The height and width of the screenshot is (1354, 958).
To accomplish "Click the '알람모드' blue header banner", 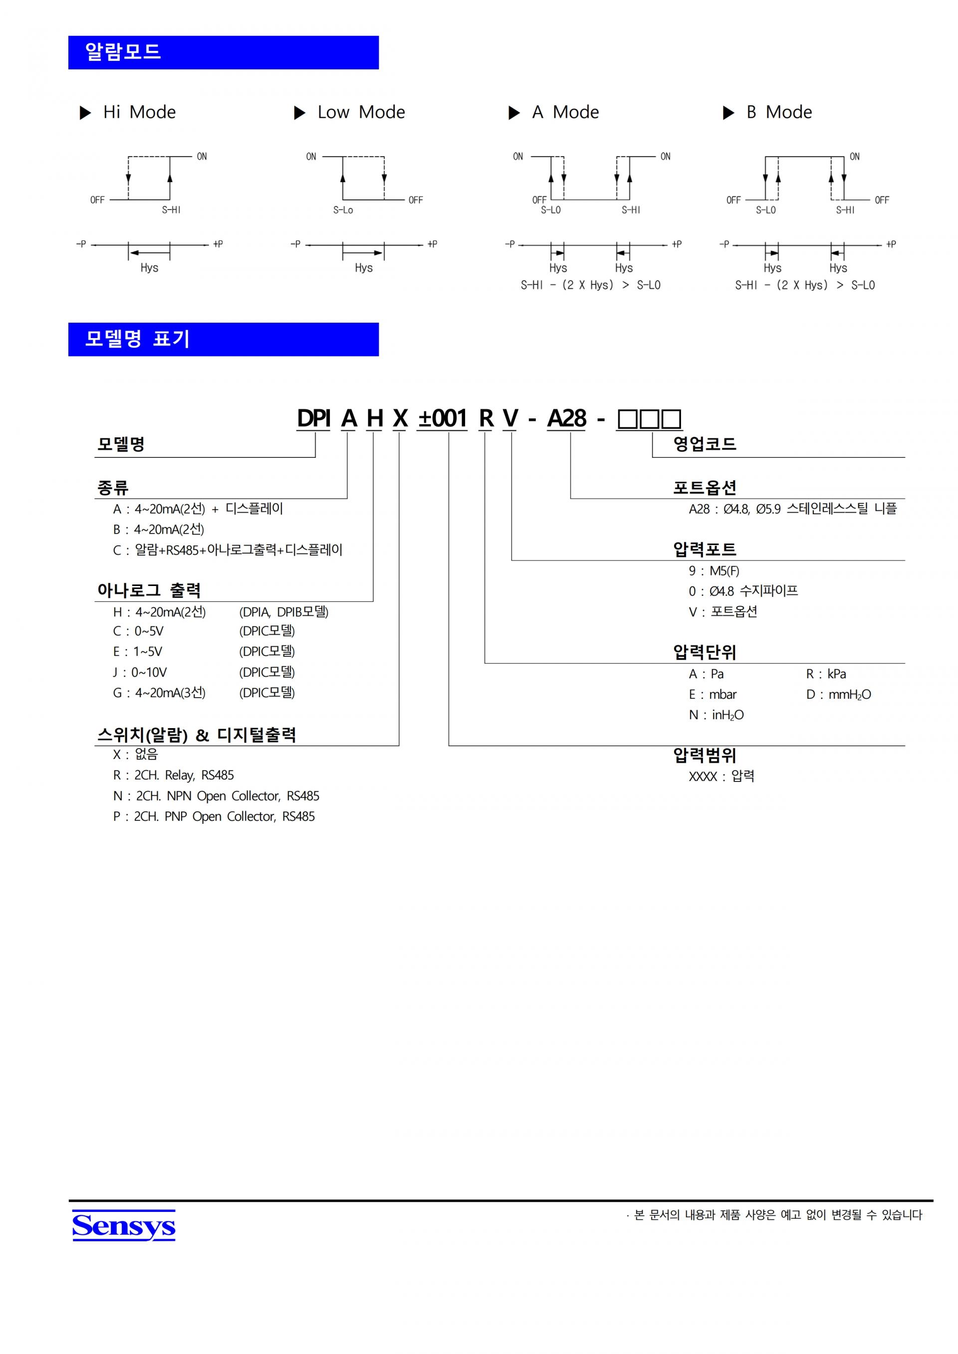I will (x=223, y=52).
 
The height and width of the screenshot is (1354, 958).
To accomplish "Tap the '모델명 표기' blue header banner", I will (x=223, y=339).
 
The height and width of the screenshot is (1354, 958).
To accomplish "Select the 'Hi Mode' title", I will (x=139, y=112).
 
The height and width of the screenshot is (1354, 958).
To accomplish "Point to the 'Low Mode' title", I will (x=361, y=112).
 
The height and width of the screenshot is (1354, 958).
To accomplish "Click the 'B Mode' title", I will (x=779, y=112).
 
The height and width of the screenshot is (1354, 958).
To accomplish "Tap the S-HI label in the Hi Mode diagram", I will (x=171, y=210).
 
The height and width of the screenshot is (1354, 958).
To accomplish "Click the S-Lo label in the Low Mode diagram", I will (x=343, y=210).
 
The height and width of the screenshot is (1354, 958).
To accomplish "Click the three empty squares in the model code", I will (x=649, y=419).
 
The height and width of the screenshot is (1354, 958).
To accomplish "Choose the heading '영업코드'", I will (x=705, y=444).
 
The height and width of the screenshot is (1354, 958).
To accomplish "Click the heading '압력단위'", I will (x=705, y=652).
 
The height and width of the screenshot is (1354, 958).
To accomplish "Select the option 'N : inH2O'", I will (x=716, y=715).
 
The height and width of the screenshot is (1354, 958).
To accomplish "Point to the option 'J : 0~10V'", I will (x=140, y=672).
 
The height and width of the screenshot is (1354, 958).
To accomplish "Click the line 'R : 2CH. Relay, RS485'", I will (x=174, y=775).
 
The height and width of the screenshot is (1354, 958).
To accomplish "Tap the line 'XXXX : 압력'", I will (x=721, y=776).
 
